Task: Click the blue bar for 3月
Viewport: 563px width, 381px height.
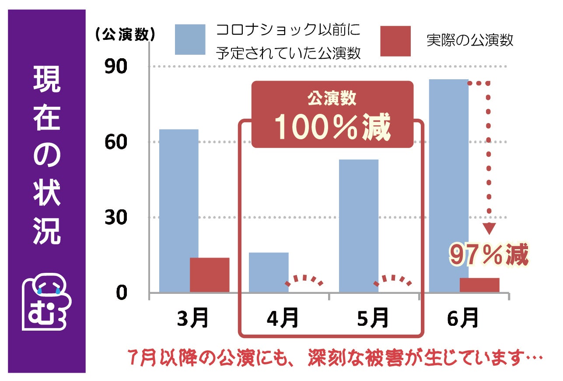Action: (178, 210)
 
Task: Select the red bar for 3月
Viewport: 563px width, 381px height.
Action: (210, 275)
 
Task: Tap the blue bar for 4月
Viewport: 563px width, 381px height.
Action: (269, 272)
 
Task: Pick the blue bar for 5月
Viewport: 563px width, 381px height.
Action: (359, 226)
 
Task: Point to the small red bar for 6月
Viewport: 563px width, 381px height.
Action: (479, 285)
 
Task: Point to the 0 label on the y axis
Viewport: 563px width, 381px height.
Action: (121, 293)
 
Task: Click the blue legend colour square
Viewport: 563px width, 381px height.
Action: (190, 39)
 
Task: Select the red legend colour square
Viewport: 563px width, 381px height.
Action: (395, 41)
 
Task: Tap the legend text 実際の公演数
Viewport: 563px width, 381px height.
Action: (470, 41)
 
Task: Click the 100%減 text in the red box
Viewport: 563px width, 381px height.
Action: (332, 127)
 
